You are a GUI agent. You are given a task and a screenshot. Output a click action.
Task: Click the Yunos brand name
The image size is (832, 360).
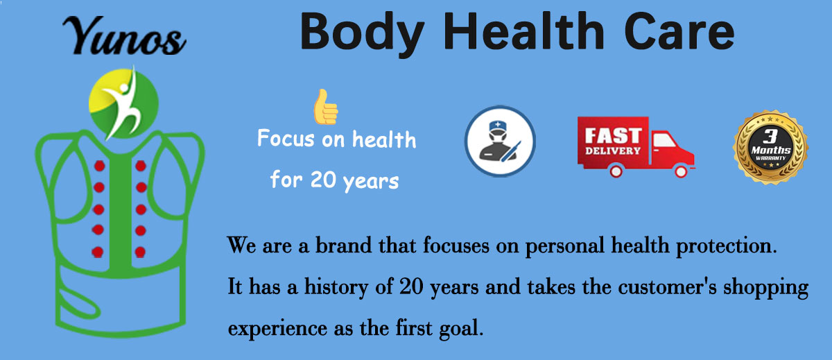(x=124, y=36)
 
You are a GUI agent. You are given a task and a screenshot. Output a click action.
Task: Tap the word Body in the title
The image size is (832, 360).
(x=362, y=34)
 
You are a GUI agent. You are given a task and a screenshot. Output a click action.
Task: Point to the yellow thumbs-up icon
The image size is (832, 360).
(x=326, y=107)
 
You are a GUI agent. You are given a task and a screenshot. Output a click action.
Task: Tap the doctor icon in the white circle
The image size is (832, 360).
(x=500, y=142)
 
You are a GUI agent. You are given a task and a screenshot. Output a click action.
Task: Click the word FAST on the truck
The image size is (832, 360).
(x=613, y=135)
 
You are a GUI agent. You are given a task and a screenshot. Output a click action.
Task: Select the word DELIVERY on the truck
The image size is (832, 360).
(x=613, y=151)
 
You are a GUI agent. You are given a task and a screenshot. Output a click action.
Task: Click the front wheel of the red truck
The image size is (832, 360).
(x=681, y=171)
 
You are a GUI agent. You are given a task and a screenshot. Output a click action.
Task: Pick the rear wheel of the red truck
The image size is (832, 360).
(x=616, y=171)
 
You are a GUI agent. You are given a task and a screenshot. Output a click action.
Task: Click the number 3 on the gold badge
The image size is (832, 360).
(x=770, y=135)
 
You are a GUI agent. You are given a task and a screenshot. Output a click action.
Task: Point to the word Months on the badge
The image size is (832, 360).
(x=771, y=150)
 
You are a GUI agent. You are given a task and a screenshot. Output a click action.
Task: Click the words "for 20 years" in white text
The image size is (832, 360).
(x=334, y=180)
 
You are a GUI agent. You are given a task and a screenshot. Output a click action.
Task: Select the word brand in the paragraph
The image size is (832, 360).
(x=344, y=245)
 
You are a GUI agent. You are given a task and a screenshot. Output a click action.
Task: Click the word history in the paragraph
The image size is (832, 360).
(x=336, y=288)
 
